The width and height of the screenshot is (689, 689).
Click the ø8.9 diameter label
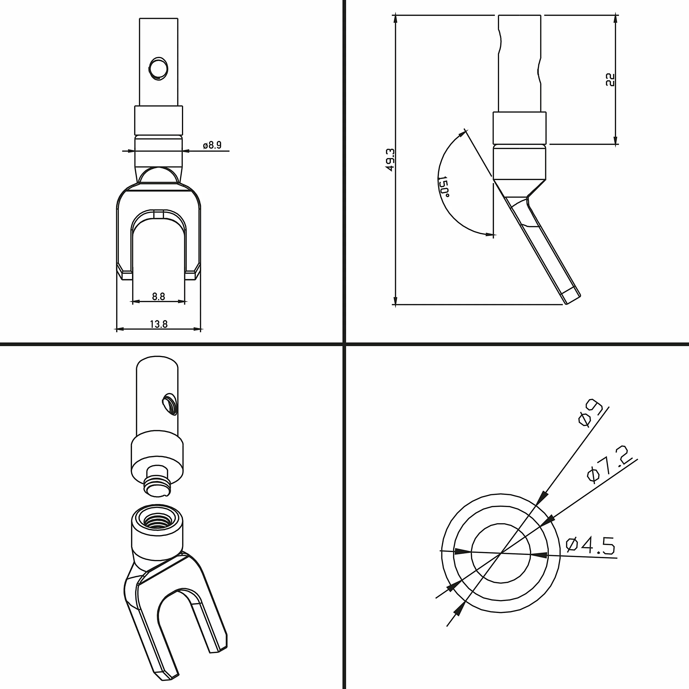click(x=212, y=145)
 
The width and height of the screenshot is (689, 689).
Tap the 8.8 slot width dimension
click(x=158, y=296)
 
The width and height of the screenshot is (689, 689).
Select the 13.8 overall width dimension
click(x=159, y=324)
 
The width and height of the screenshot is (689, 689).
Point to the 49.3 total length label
click(x=391, y=160)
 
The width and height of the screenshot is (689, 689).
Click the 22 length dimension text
click(x=610, y=80)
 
